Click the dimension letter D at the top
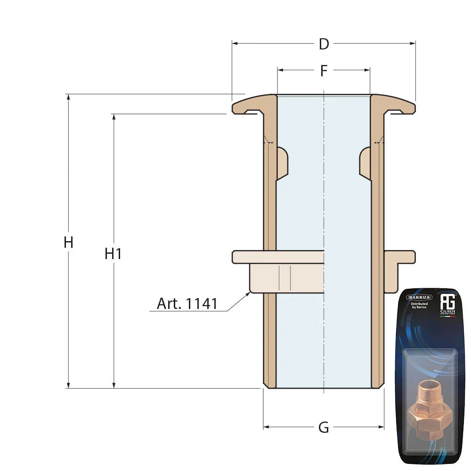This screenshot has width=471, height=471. point(324,44)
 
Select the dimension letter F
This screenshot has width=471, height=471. point(324,71)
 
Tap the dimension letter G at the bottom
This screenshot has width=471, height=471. point(324,428)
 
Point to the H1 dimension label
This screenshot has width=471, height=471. point(114,254)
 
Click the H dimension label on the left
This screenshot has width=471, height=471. point(69,243)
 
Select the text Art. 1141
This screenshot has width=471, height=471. point(187,304)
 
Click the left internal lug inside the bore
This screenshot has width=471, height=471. point(282,163)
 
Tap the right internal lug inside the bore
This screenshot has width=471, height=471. point(365,163)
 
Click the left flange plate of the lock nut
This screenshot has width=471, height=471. point(278,257)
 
